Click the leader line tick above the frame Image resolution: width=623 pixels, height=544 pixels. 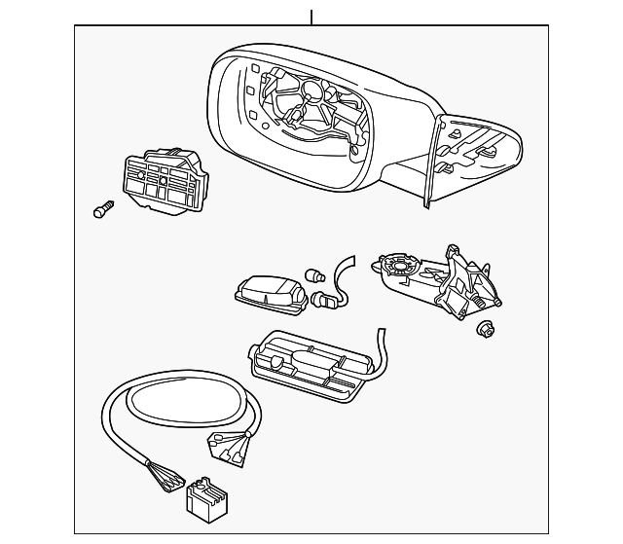tap(311, 17)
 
